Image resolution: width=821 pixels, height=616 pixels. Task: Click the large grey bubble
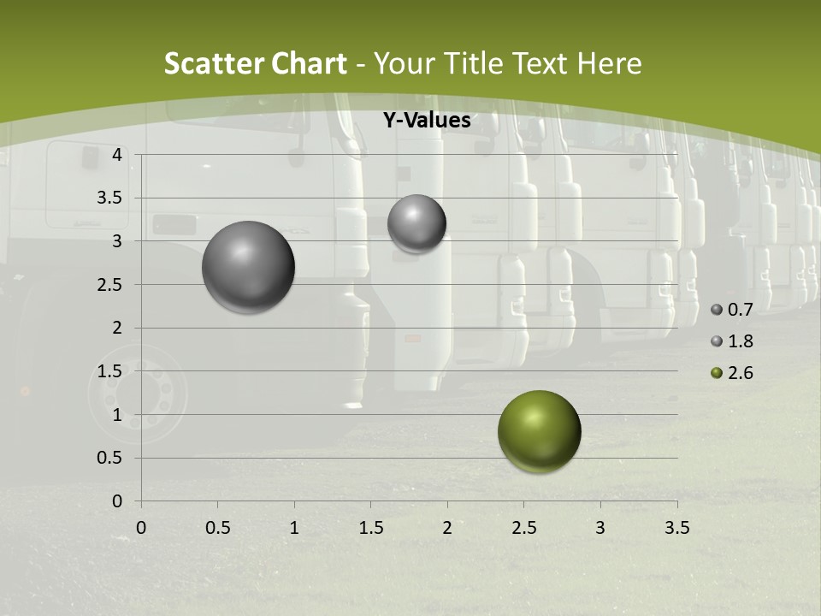pos(249,267)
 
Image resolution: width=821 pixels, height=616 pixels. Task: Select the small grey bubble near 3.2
pos(416,223)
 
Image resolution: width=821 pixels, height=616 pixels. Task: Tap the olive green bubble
pos(539,431)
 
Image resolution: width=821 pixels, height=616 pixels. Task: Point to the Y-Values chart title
pos(427,121)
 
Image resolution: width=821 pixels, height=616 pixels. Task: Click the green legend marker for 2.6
pos(717,373)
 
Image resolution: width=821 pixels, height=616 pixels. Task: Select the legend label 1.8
pos(741,341)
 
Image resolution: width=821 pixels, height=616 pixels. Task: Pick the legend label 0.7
pos(741,310)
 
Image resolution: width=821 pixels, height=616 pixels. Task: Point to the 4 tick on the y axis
pos(118,155)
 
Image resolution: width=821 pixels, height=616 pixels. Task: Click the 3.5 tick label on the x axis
pos(676,527)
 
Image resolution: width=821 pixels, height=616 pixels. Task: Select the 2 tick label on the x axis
pos(447,527)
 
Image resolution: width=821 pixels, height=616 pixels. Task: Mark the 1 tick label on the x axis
pos(294,527)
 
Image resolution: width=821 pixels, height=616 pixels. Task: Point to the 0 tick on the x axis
pos(141,527)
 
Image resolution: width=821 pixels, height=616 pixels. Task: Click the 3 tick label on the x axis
pos(600,527)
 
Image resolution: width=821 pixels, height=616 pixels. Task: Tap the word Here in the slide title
pos(610,63)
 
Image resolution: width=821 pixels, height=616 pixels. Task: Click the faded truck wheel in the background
pos(137,394)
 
